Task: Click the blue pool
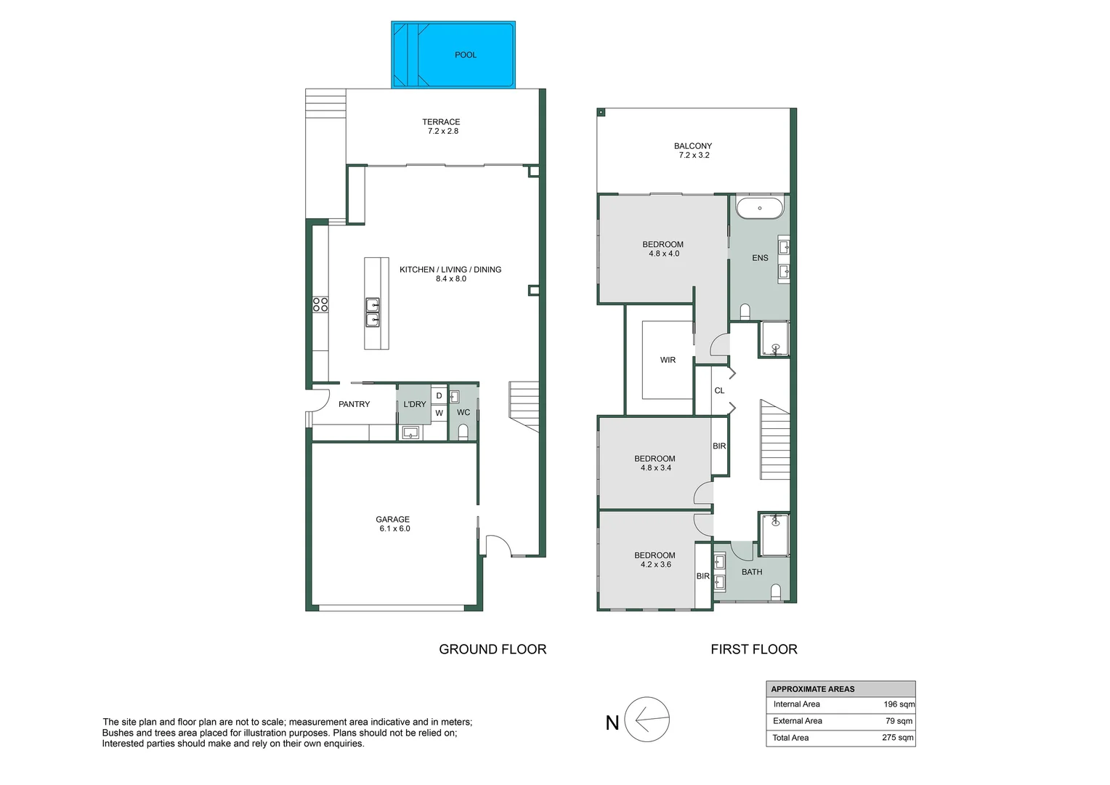tap(453, 55)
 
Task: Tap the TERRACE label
tap(441, 121)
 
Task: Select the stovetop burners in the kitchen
tap(320, 305)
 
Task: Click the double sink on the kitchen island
tap(373, 313)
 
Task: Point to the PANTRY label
tap(354, 404)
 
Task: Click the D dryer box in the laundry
tap(439, 395)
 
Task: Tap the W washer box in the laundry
tap(439, 413)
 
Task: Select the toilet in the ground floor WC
tap(463, 432)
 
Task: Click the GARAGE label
tap(392, 519)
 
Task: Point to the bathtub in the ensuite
tap(759, 209)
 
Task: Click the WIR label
tap(668, 360)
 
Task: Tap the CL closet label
tap(719, 391)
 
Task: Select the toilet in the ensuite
tap(745, 311)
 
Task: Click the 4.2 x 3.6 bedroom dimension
tap(655, 564)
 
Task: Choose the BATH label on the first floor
tap(752, 572)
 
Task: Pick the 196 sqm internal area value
tap(899, 704)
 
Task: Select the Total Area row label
tap(790, 738)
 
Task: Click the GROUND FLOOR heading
tap(493, 649)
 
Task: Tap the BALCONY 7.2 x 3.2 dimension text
tap(694, 156)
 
